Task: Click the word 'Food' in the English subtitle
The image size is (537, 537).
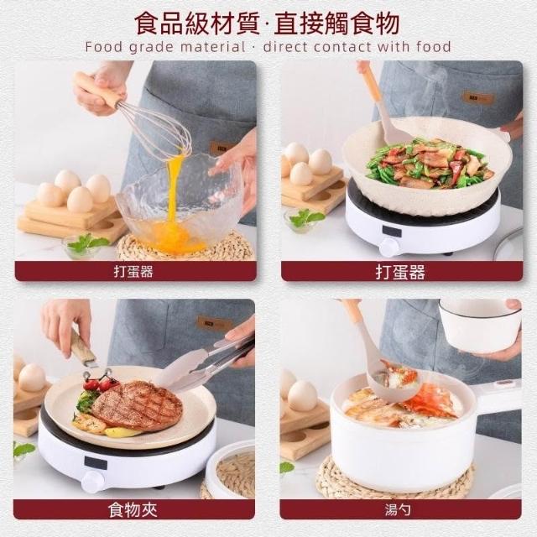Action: (104, 47)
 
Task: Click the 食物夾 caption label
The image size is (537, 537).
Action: (133, 510)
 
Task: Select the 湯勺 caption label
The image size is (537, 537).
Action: (398, 510)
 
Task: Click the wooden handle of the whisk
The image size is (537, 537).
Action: (96, 91)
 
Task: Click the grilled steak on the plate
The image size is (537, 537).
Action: (137, 405)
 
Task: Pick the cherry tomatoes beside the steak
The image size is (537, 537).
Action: (100, 383)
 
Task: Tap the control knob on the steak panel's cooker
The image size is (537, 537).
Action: (93, 482)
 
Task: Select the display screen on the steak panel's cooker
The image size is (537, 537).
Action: (96, 462)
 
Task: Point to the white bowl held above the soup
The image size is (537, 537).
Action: (479, 326)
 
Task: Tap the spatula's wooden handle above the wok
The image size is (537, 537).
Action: (371, 81)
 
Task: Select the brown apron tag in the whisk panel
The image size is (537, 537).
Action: (220, 149)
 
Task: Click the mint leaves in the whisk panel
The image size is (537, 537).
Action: (87, 242)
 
